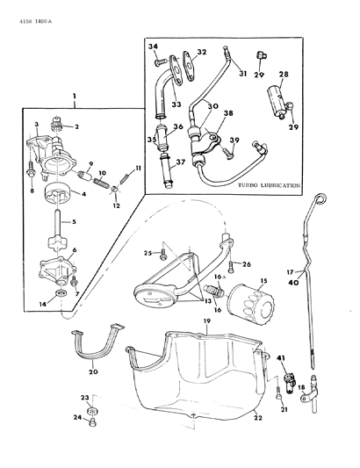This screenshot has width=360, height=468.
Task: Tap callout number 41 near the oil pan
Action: click(x=282, y=360)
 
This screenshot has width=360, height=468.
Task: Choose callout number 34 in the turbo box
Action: click(x=151, y=48)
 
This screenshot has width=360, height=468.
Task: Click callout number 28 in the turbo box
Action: click(x=284, y=76)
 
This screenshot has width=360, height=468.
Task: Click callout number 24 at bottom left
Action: click(x=76, y=418)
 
